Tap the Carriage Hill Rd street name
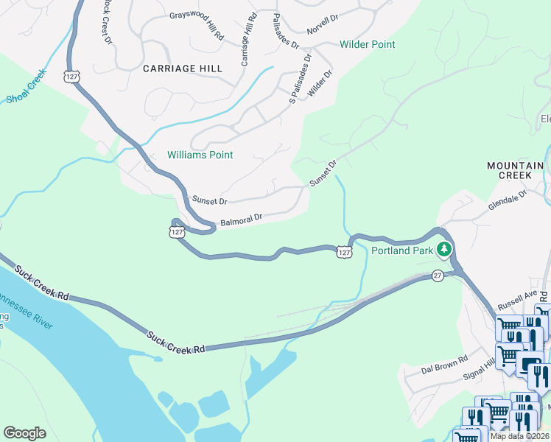246,41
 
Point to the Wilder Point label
368,44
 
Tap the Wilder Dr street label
320,84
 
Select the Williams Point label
200,155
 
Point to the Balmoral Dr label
242,220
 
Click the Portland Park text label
401,250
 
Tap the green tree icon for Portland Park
443,250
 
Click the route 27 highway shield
438,275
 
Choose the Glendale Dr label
508,203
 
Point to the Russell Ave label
517,298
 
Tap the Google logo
24,433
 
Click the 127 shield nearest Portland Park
344,252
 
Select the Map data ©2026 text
520,436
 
